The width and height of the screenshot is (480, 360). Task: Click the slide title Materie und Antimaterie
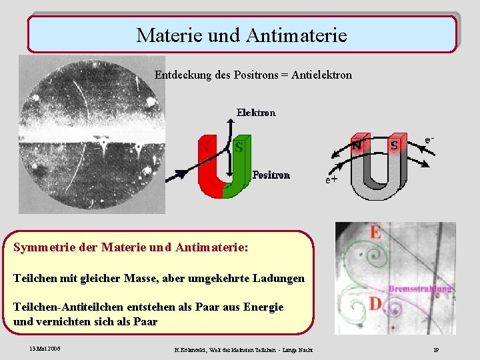click(241, 35)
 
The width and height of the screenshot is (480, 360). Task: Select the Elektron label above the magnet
click(256, 113)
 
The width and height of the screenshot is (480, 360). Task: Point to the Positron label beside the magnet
click(271, 175)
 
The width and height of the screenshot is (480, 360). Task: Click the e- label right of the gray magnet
click(430, 140)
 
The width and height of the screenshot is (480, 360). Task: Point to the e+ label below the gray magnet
click(331, 179)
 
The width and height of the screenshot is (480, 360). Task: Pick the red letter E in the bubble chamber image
click(375, 232)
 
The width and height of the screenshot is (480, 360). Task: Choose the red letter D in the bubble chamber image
click(375, 304)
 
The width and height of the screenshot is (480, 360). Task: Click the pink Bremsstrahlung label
click(419, 289)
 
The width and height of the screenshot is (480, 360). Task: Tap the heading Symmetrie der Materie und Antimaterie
click(131, 247)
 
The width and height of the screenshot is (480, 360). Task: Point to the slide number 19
click(435, 349)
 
